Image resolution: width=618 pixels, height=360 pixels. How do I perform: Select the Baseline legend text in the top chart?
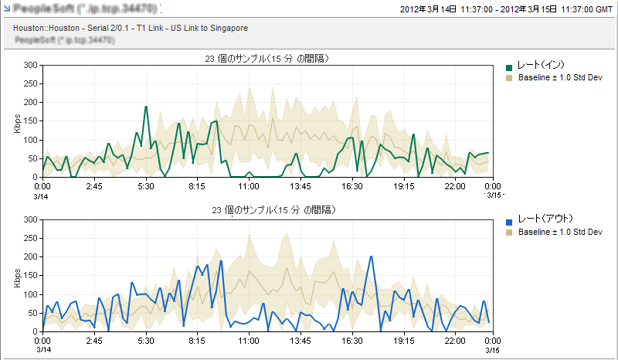(x=560, y=78)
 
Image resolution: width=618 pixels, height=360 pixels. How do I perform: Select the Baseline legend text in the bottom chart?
(x=560, y=233)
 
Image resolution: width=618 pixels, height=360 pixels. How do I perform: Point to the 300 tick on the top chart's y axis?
(x=32, y=65)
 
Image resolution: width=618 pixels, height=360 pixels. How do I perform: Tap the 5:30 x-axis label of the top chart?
(x=146, y=186)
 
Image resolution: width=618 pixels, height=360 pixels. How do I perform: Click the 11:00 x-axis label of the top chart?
(x=249, y=186)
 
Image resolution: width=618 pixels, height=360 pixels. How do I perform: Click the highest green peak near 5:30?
(x=146, y=107)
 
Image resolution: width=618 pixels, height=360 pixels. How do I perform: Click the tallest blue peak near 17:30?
(x=372, y=256)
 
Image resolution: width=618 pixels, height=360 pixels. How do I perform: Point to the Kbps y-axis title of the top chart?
(x=17, y=123)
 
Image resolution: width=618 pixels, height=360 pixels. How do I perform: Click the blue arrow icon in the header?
(x=6, y=8)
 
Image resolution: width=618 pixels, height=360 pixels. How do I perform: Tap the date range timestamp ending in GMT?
(x=507, y=10)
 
